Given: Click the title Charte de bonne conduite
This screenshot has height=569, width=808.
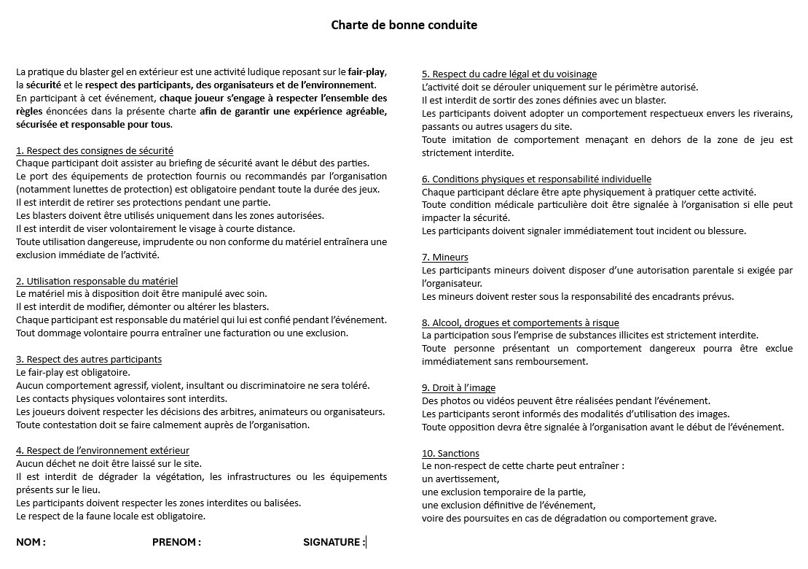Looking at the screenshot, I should pos(404,25).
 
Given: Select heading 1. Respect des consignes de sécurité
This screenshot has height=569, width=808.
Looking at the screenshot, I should pos(95,150).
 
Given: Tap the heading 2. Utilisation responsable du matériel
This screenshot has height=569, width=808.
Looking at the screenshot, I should pos(97,281).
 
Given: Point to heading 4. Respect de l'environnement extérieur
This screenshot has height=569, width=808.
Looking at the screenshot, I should pos(103,450).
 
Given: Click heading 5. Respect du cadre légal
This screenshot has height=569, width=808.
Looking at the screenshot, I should pos(509,74).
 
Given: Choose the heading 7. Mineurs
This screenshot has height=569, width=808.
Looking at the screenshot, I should pos(445,257).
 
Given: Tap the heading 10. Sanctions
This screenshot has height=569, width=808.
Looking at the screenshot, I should pos(450,453).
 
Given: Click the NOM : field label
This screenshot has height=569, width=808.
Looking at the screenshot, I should pos(31,542).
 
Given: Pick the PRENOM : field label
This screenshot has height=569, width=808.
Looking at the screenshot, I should pos(176,542).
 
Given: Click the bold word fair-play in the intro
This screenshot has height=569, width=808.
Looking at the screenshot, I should pos(366,72).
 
